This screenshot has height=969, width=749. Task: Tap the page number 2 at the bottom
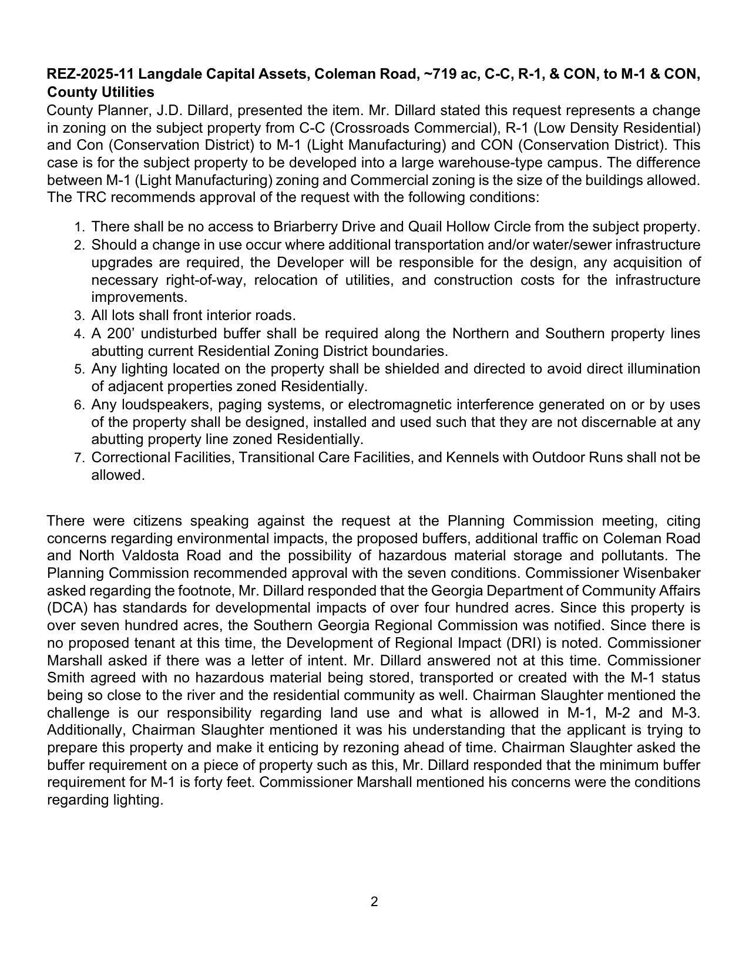[374, 902]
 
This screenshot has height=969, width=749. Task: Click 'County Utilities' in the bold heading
[100, 92]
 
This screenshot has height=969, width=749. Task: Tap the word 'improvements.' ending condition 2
[139, 297]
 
